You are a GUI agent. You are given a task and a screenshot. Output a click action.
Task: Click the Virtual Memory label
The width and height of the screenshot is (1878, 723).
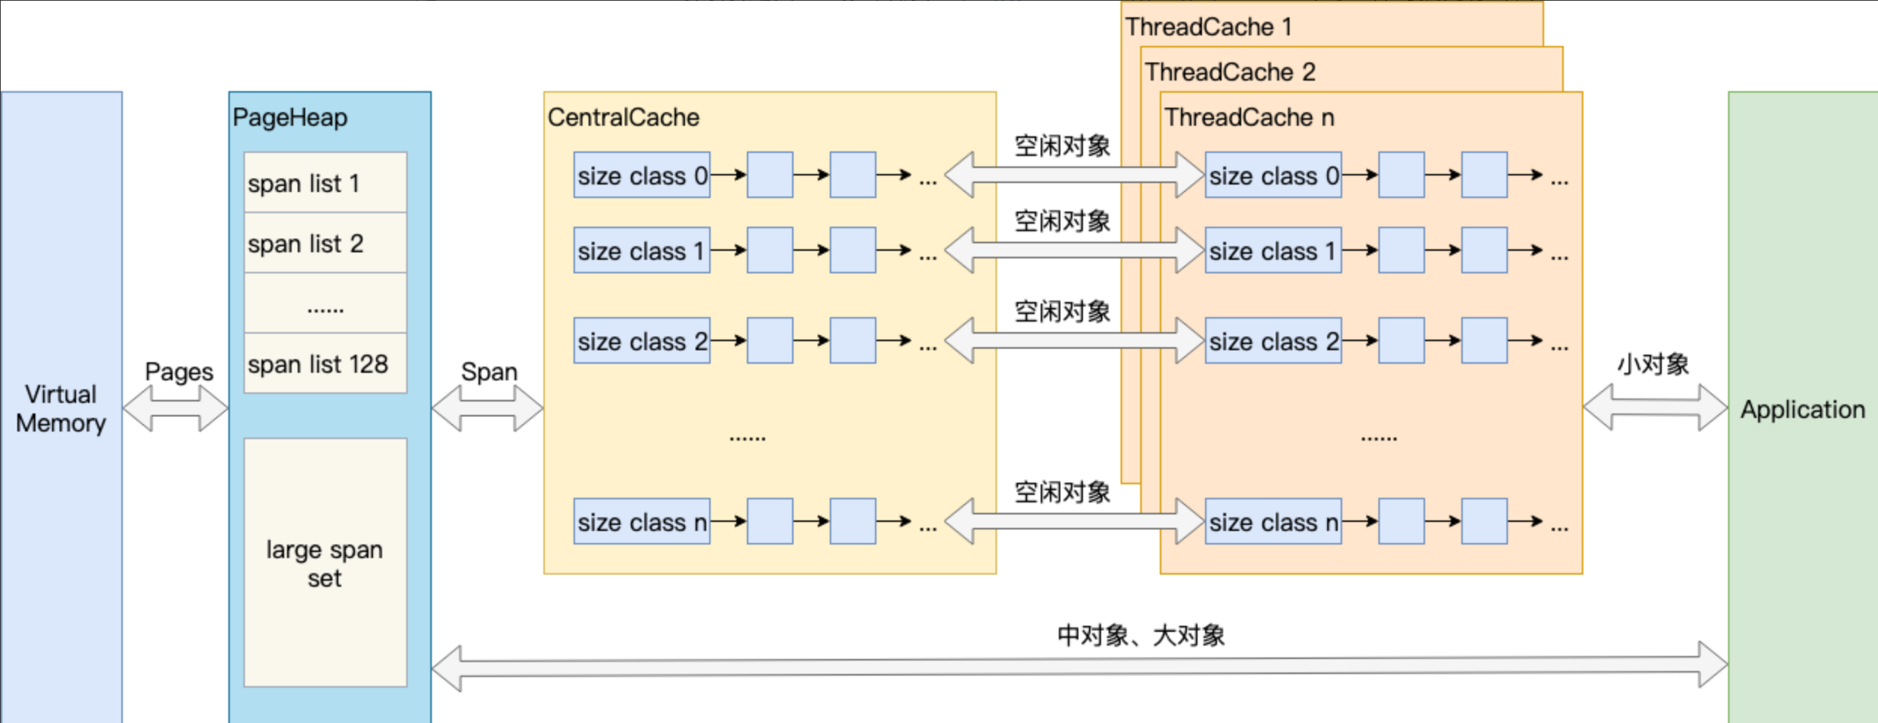pyautogui.click(x=61, y=408)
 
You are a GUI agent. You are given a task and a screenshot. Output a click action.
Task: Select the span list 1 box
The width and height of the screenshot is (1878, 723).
pyautogui.click(x=325, y=183)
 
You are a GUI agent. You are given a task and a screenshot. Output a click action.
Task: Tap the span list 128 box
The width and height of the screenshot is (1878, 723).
pyautogui.click(x=325, y=364)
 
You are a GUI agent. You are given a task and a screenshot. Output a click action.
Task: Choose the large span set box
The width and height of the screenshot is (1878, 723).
pyautogui.click(x=325, y=563)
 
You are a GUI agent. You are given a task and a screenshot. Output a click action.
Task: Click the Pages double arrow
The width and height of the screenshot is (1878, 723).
pyautogui.click(x=175, y=408)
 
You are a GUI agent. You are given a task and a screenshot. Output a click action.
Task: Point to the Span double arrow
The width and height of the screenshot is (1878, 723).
pyautogui.click(x=487, y=408)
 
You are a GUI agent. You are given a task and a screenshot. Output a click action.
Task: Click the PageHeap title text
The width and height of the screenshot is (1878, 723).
pyautogui.click(x=290, y=117)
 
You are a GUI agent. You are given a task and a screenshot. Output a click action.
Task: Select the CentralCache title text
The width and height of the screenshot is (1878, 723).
pyautogui.click(x=623, y=117)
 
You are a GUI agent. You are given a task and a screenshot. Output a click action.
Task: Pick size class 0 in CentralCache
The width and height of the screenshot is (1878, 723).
pyautogui.click(x=641, y=175)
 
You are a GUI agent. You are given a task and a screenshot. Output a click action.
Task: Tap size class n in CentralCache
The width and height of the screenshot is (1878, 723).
pyautogui.click(x=641, y=522)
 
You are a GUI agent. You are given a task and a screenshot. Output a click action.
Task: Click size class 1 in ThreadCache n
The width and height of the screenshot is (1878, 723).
pyautogui.click(x=1273, y=251)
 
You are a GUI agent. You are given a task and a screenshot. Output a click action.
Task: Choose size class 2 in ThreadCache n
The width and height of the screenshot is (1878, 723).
pyautogui.click(x=1273, y=341)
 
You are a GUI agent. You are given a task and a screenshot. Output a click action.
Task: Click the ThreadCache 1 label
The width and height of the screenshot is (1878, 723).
pyautogui.click(x=1209, y=27)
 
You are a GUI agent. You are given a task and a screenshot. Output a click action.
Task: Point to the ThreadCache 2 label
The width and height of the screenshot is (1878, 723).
pyautogui.click(x=1230, y=72)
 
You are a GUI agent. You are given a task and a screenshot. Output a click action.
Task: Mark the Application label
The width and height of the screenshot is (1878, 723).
pyautogui.click(x=1803, y=410)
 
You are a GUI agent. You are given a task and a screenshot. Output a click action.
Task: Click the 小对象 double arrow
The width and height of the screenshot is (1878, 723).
pyautogui.click(x=1655, y=407)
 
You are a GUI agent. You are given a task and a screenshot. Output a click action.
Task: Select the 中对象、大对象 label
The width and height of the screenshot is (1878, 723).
pyautogui.click(x=1141, y=636)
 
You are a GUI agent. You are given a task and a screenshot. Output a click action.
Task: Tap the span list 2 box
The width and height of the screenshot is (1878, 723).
pyautogui.click(x=325, y=243)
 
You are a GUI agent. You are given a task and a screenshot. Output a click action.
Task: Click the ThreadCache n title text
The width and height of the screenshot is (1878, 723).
pyautogui.click(x=1249, y=117)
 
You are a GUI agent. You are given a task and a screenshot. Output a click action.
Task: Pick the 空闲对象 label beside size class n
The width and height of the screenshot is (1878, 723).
pyautogui.click(x=1062, y=493)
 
